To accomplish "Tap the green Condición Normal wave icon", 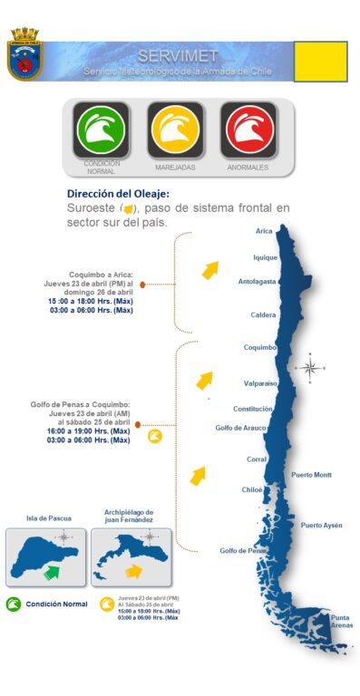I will (102, 130).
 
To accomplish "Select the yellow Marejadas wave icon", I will (176, 130).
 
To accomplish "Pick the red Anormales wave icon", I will (248, 130).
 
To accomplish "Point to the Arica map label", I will (264, 231).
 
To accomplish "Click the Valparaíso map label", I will (260, 383).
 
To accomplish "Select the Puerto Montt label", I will (311, 475).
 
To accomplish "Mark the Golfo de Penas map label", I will (242, 550).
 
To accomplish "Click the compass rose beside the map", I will (310, 367).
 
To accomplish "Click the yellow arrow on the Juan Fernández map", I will (133, 571).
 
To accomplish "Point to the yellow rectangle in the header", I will (320, 62).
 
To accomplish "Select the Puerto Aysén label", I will (321, 525).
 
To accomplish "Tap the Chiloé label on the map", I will (252, 489).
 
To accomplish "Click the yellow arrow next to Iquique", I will (210, 269).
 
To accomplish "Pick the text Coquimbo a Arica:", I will (102, 274).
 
